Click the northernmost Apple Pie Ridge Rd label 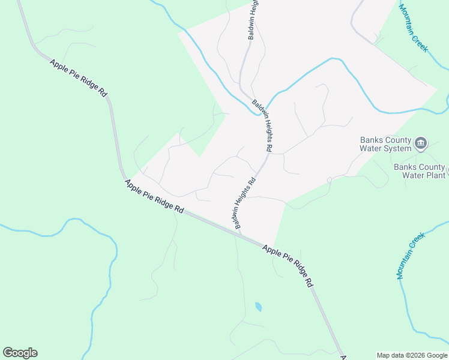(x=78, y=79)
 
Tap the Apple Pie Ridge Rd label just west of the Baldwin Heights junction (x=154, y=197)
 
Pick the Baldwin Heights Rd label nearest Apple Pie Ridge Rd (x=246, y=202)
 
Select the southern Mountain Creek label (x=411, y=256)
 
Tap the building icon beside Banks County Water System (x=421, y=143)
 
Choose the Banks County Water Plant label (x=420, y=171)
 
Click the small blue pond (x=258, y=307)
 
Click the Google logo (x=20, y=353)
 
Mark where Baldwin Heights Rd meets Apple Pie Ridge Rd (x=236, y=232)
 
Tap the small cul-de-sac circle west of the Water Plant (x=329, y=180)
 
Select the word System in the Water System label (x=398, y=148)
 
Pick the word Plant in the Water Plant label (x=436, y=175)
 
